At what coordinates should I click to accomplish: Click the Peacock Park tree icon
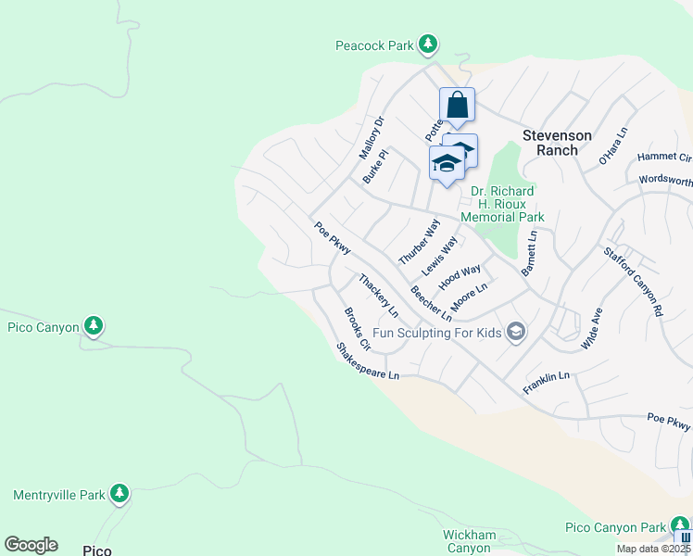pyautogui.click(x=427, y=44)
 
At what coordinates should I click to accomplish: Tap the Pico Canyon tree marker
pyautogui.click(x=93, y=325)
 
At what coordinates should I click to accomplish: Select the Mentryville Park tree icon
pyautogui.click(x=119, y=494)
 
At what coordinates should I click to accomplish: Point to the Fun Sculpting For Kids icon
pyautogui.click(x=516, y=332)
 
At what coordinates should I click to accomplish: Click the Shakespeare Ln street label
pyautogui.click(x=368, y=361)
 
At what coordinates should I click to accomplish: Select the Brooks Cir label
pyautogui.click(x=357, y=329)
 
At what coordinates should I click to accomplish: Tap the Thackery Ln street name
pyautogui.click(x=378, y=295)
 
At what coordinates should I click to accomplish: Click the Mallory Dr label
pyautogui.click(x=371, y=136)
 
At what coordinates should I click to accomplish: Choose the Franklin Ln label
pyautogui.click(x=546, y=384)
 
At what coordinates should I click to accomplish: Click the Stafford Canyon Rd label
pyautogui.click(x=635, y=277)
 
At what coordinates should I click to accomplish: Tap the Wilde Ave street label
pyautogui.click(x=591, y=328)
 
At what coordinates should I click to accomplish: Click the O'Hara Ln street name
pyautogui.click(x=613, y=145)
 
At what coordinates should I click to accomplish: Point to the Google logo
pyautogui.click(x=31, y=545)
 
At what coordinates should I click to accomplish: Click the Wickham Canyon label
pyautogui.click(x=466, y=541)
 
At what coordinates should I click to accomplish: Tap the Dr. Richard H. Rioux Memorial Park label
pyautogui.click(x=506, y=204)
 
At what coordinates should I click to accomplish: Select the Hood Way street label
pyautogui.click(x=460, y=276)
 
